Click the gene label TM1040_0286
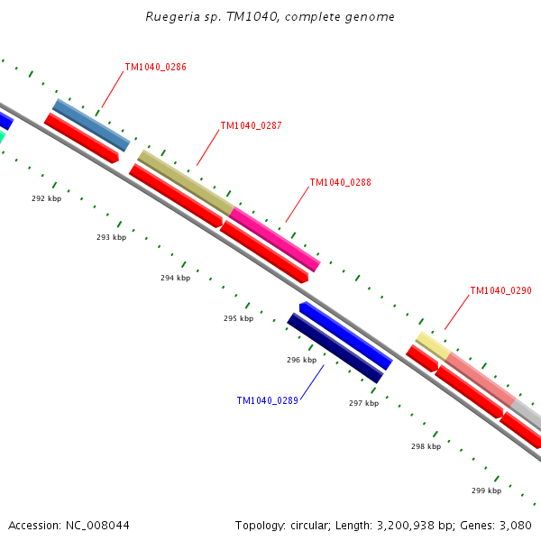[x=155, y=67]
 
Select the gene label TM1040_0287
[x=251, y=125]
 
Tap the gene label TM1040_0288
[x=340, y=182]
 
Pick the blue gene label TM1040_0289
[x=267, y=400]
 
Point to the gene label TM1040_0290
[x=500, y=290]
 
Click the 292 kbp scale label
[x=46, y=198]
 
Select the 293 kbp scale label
[x=111, y=237]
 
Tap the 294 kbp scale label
[x=175, y=278]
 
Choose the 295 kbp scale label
[x=238, y=318]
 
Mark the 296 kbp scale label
[x=301, y=360]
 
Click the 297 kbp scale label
[x=363, y=403]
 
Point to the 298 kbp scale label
[x=426, y=446]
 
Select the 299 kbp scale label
[x=486, y=491]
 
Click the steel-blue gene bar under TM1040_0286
[x=91, y=125]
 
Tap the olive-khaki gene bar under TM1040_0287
[x=185, y=182]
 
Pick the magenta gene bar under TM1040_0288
[x=276, y=239]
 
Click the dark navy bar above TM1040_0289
[x=335, y=348]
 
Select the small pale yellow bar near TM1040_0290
[x=433, y=345]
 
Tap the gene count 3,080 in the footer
[x=514, y=525]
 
